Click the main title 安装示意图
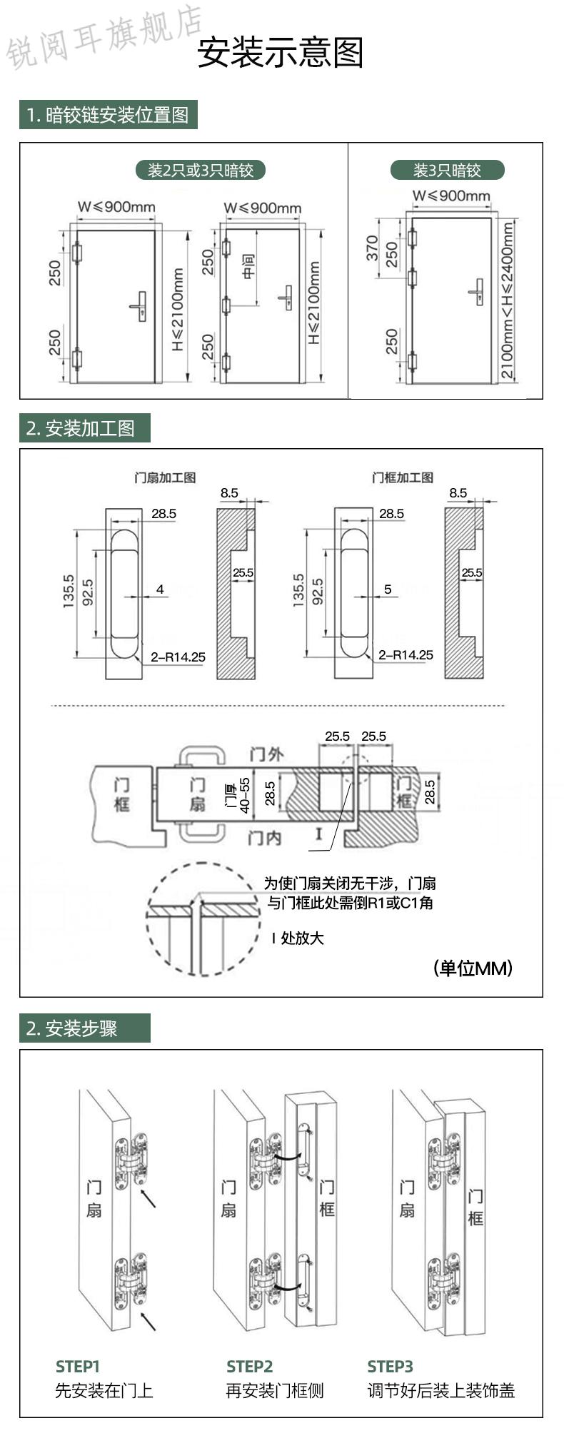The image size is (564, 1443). coord(281,53)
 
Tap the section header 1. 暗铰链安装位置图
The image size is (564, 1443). coord(108,115)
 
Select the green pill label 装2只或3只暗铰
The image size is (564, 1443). coord(200,170)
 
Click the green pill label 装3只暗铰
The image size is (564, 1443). coord(447,170)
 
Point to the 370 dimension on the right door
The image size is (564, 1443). coord(372,248)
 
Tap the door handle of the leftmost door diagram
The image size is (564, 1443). coord(140,305)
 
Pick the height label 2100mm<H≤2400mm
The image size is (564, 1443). coord(507,300)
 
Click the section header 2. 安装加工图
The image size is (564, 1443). coord(81,428)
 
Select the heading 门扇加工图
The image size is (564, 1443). coord(165,477)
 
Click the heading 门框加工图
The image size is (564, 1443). coord(402,477)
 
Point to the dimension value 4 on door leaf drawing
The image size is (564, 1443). coord(160,589)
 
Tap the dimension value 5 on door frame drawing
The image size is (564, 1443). coord(388,589)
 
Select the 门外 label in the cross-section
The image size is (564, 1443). coord(266,754)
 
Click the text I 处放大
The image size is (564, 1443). coord(298,938)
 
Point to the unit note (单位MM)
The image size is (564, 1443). coord(473,968)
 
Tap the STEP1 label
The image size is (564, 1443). coord(78,1366)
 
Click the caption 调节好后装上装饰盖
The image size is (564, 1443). coord(440,1390)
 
